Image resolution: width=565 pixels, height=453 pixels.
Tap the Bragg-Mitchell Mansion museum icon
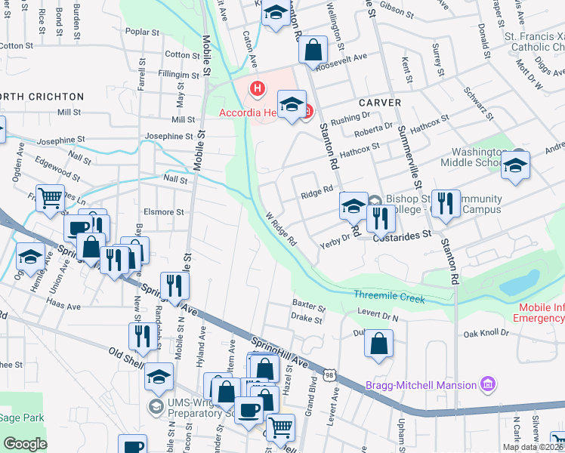coord(489,385)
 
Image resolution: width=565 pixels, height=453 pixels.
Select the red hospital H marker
coord(258,89)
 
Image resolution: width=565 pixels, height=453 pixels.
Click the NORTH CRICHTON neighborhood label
coord(42,97)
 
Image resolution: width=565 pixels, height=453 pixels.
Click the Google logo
coord(25,444)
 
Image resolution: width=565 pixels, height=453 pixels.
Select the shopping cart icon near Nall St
coord(50,199)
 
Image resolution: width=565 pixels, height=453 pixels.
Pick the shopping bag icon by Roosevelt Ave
coord(312,51)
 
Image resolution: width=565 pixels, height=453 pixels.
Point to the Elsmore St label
coord(168,213)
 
